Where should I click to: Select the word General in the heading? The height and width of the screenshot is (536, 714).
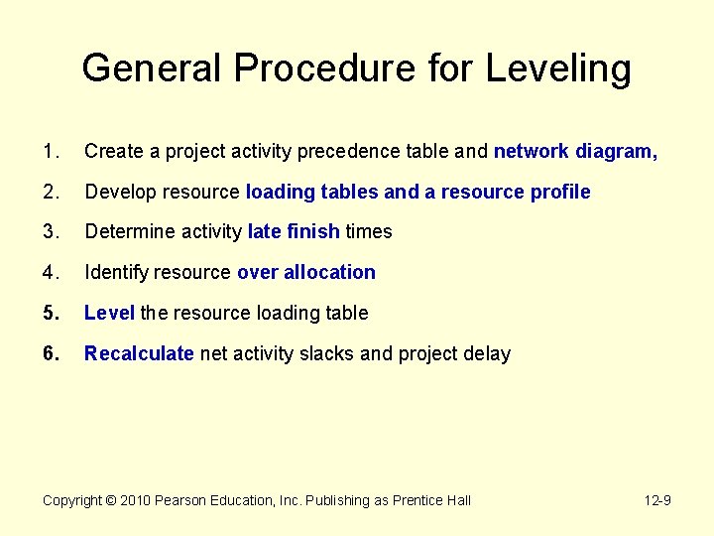click(x=152, y=68)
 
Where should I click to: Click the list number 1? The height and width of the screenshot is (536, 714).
click(x=49, y=151)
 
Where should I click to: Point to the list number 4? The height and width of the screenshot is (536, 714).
click(x=49, y=272)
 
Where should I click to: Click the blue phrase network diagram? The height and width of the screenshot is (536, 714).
click(x=575, y=151)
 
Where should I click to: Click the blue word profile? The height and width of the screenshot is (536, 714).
click(x=559, y=192)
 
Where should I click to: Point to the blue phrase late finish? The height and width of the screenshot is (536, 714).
click(x=295, y=231)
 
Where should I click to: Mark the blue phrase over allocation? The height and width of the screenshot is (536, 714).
click(x=306, y=272)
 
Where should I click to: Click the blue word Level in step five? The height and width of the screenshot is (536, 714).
click(x=109, y=313)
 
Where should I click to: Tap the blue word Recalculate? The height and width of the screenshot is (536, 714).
click(x=139, y=353)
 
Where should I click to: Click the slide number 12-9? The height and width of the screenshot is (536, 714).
click(x=657, y=500)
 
